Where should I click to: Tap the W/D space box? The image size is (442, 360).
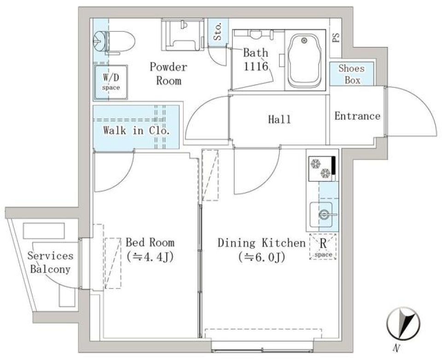[x=110, y=82]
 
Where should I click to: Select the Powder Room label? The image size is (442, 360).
[x=169, y=74]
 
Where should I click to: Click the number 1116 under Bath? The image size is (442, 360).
[x=256, y=65]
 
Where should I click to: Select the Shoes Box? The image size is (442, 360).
[x=351, y=74]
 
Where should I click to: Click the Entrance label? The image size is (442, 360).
[x=357, y=116]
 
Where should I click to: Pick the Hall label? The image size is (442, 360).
[x=279, y=119]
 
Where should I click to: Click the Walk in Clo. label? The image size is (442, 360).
[x=136, y=130]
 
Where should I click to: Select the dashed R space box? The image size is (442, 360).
[x=323, y=247]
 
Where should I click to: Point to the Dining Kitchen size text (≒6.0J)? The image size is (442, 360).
[x=262, y=257]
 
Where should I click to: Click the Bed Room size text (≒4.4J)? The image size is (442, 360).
[x=150, y=256]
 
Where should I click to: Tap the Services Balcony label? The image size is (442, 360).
[x=50, y=262]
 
